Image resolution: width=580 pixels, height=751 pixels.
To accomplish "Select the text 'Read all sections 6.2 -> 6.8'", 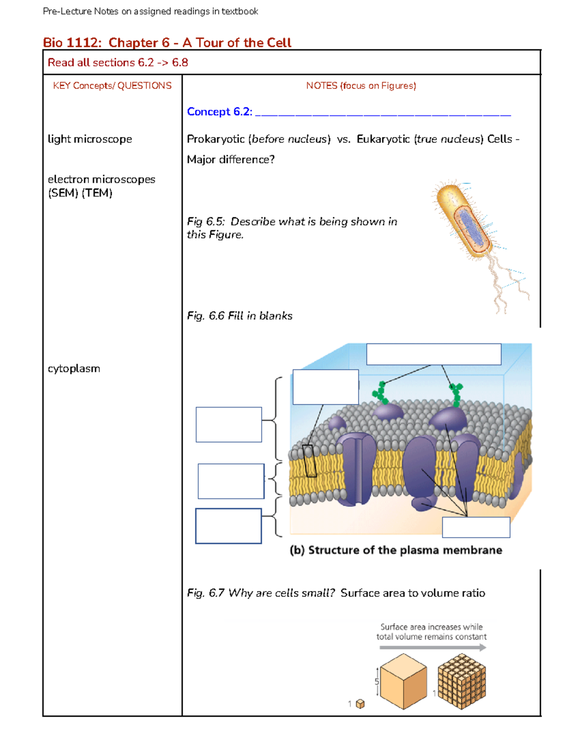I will pyautogui.click(x=117, y=62).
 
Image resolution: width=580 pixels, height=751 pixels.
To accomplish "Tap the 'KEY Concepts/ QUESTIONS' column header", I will pyautogui.click(x=112, y=86).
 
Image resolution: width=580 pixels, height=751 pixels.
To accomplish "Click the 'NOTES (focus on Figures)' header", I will pyautogui.click(x=361, y=86).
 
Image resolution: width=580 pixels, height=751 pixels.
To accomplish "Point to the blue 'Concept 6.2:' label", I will pyautogui.click(x=219, y=112).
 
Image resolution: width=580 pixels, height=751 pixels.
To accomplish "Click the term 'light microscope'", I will pyautogui.click(x=90, y=139).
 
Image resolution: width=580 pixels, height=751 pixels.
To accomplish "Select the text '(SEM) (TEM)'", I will pyautogui.click(x=80, y=193).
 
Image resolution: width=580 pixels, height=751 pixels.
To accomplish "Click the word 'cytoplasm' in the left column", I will pyautogui.click(x=74, y=368).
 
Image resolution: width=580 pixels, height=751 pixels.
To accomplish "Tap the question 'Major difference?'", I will pyautogui.click(x=231, y=160).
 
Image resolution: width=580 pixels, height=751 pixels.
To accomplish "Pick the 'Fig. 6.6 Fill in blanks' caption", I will pyautogui.click(x=240, y=316).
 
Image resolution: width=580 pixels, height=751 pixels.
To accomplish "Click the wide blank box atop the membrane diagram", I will pyautogui.click(x=434, y=354).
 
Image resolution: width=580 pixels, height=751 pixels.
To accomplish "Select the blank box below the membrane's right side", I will pyautogui.click(x=476, y=527).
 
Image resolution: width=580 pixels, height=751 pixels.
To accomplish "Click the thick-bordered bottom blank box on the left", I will pyautogui.click(x=228, y=526).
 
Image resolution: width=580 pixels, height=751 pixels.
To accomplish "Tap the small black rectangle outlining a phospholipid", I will pyautogui.click(x=309, y=461).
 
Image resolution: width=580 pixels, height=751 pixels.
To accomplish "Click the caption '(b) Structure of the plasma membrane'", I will pyautogui.click(x=395, y=550).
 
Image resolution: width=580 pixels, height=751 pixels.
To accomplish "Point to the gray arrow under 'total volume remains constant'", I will pyautogui.click(x=433, y=648).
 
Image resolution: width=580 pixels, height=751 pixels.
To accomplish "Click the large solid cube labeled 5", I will pyautogui.click(x=403, y=681).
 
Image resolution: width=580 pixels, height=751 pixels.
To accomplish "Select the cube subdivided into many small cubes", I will pyautogui.click(x=462, y=681).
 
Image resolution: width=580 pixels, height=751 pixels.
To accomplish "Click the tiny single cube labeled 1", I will pyautogui.click(x=360, y=704).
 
